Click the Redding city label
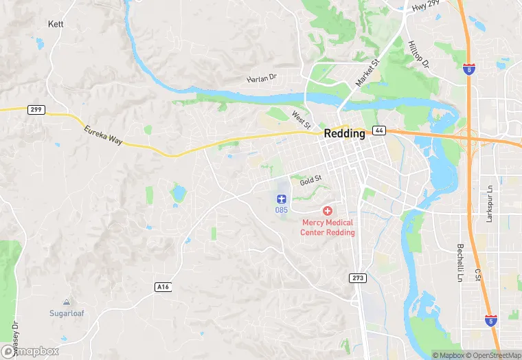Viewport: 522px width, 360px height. click(x=345, y=134)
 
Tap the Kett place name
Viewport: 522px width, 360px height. click(x=56, y=23)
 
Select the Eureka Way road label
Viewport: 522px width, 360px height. click(x=103, y=135)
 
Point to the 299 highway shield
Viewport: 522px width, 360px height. click(x=36, y=109)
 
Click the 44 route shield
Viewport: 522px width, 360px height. click(x=378, y=131)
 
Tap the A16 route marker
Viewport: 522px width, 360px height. click(x=162, y=286)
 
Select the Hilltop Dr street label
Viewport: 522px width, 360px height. click(x=418, y=53)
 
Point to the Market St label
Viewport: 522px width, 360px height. click(x=367, y=72)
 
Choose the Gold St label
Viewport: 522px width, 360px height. click(x=310, y=178)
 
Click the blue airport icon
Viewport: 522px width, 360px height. click(x=282, y=199)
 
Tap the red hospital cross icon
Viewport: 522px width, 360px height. click(x=328, y=210)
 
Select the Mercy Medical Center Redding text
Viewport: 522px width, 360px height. click(x=328, y=227)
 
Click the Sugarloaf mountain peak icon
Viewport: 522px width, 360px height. click(x=66, y=302)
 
